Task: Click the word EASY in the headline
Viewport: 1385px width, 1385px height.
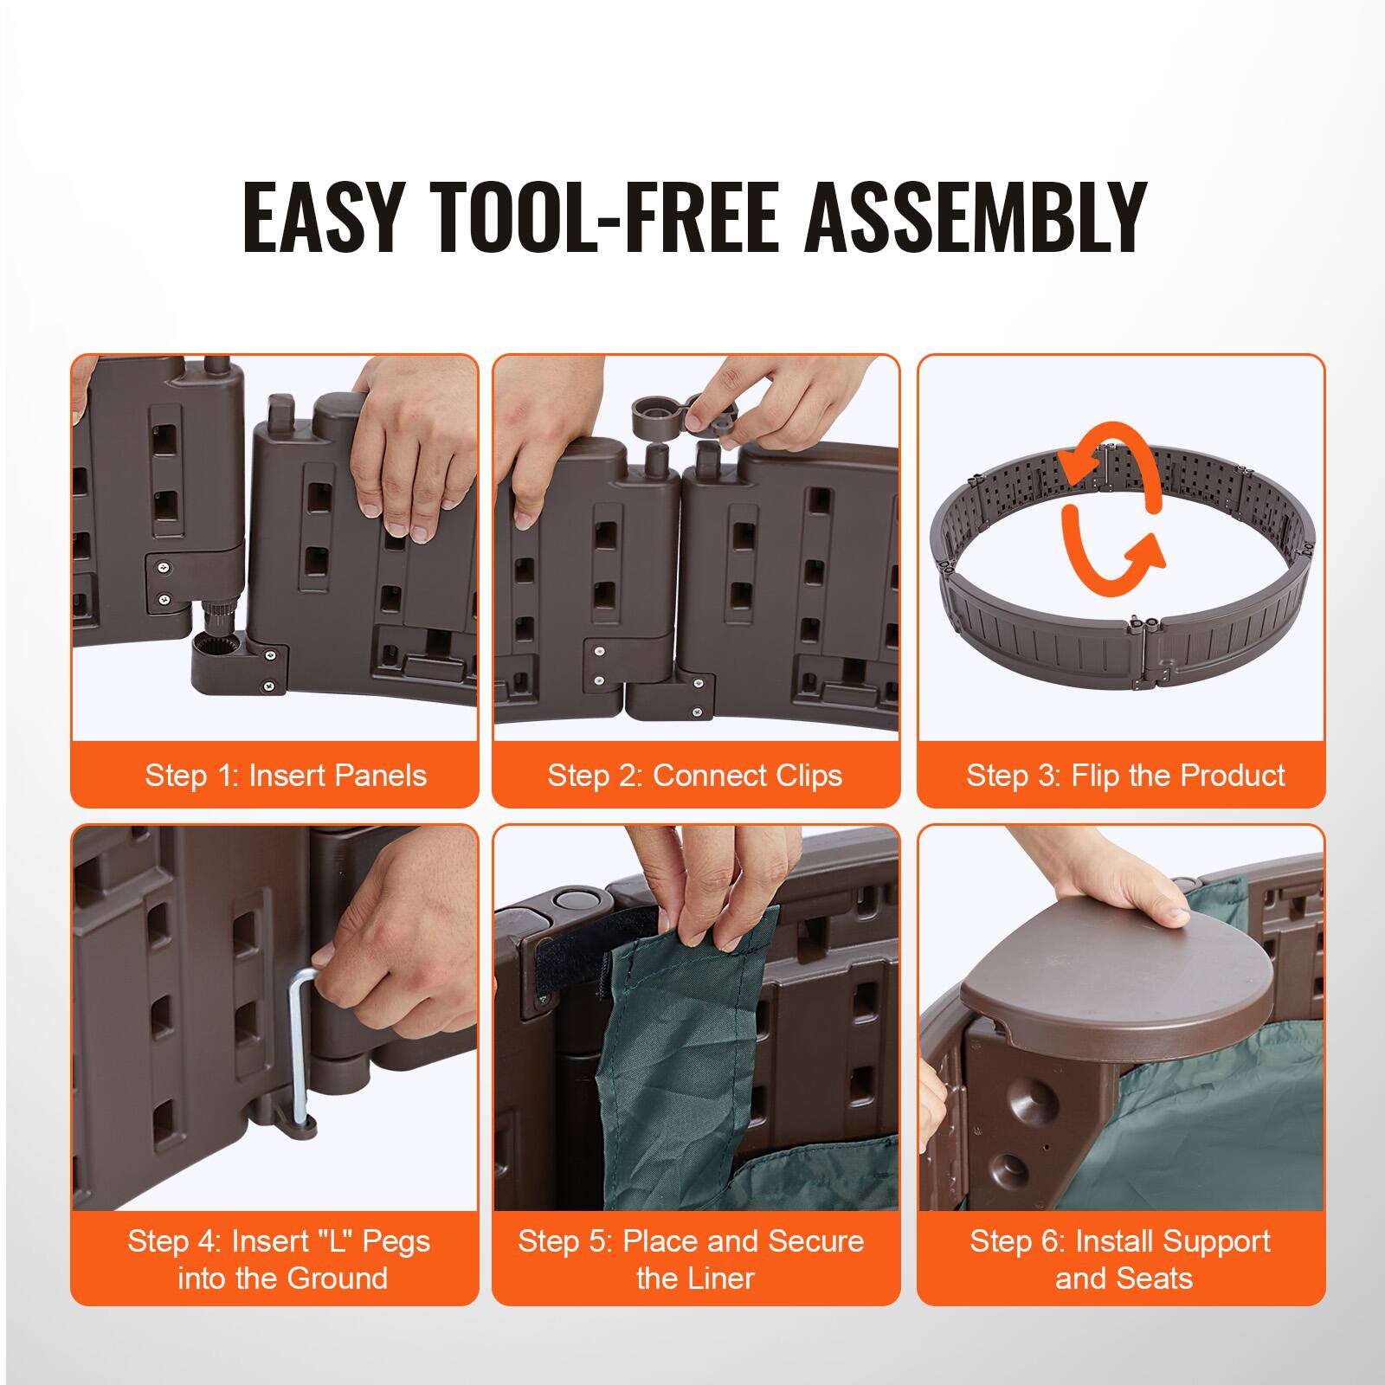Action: tap(324, 218)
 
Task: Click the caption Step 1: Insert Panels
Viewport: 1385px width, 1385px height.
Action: tap(286, 776)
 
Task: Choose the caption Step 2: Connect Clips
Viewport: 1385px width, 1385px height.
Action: tap(694, 776)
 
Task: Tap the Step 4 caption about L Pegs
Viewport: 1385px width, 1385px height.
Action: tap(279, 1259)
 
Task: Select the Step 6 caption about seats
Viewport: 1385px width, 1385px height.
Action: tap(1120, 1259)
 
